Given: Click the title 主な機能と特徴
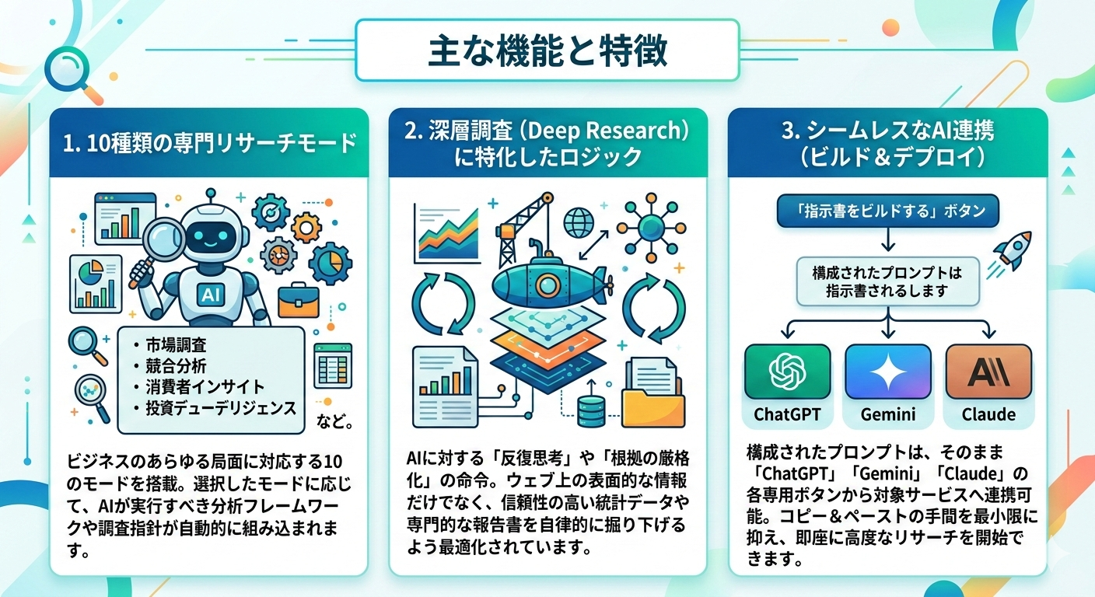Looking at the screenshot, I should coord(547,51).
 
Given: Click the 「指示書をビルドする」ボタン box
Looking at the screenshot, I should coord(888,211).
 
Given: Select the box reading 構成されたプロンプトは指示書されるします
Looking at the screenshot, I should coord(887,282).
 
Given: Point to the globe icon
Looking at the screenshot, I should coord(579,222).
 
